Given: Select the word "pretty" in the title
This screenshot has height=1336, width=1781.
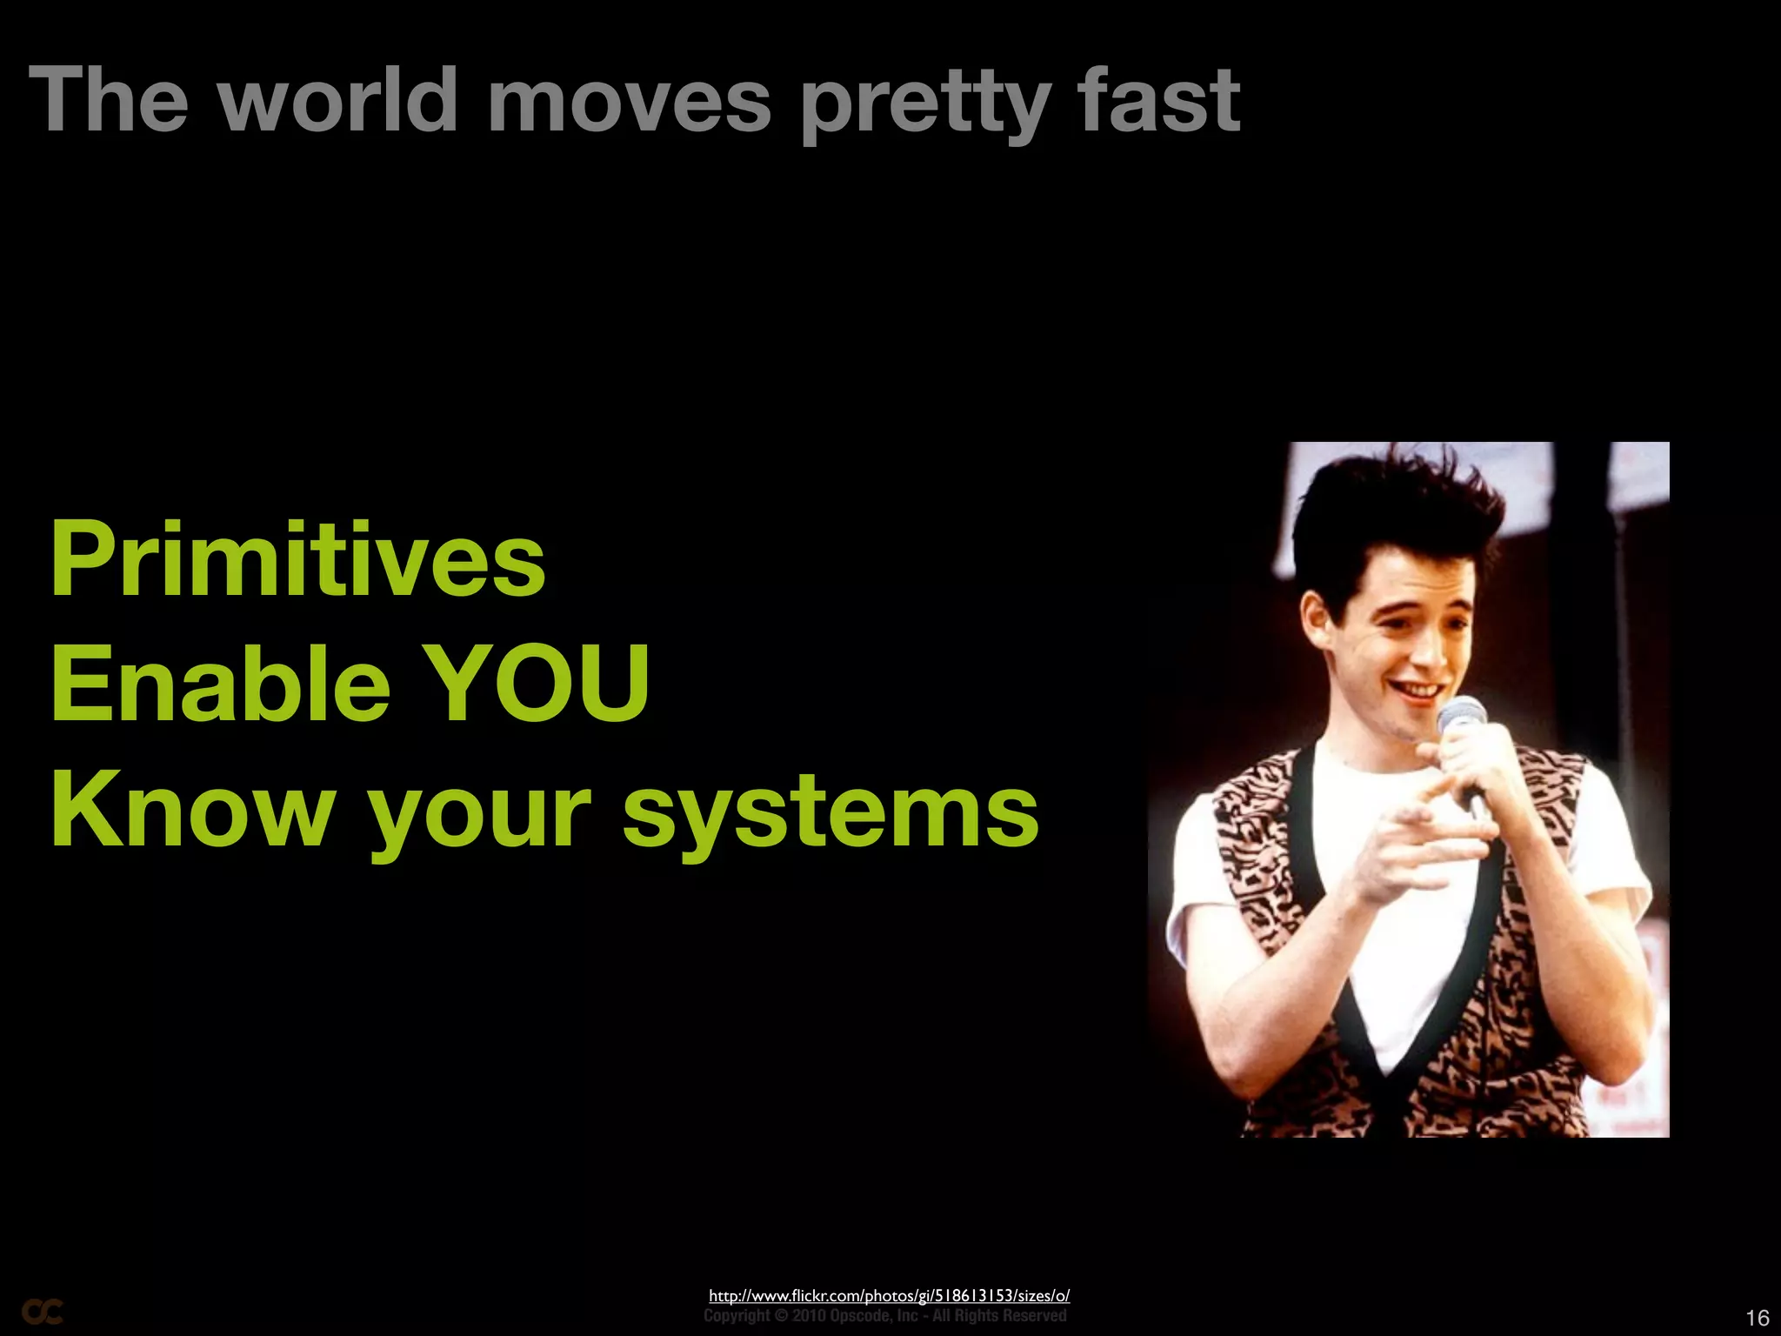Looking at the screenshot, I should (924, 104).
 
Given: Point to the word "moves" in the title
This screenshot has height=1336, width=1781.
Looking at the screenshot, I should (629, 101).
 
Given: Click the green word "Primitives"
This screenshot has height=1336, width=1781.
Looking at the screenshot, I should (298, 558).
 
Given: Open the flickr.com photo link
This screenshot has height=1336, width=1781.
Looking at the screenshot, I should (889, 1295).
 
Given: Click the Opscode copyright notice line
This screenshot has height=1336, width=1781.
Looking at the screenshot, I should (884, 1316).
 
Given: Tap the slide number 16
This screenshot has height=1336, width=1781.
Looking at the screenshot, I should (1757, 1318).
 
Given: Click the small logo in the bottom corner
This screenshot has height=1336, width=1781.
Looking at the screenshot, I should (42, 1312).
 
